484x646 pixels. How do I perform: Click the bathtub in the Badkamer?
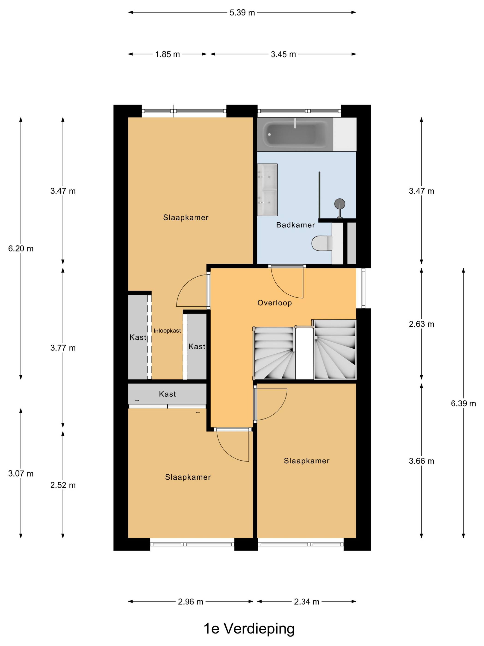coord(295,134)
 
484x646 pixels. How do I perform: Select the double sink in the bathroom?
coord(267,190)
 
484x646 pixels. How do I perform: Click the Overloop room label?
coord(274,303)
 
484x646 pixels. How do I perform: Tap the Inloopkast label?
coord(167,331)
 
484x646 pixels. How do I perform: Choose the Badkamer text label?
coord(295,225)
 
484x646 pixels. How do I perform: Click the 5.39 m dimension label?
coord(242,12)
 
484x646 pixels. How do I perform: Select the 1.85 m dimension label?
coord(168,54)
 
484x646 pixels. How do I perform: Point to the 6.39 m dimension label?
coord(463,403)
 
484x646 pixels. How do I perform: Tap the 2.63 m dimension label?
coord(421,324)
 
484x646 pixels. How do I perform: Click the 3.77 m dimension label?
coord(63,348)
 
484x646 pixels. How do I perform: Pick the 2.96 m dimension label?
coord(191,602)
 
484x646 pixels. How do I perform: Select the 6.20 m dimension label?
coord(21,248)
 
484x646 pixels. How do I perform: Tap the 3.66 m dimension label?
coord(421,461)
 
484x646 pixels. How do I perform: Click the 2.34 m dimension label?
coord(307,602)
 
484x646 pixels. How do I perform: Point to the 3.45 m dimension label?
coord(283,54)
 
